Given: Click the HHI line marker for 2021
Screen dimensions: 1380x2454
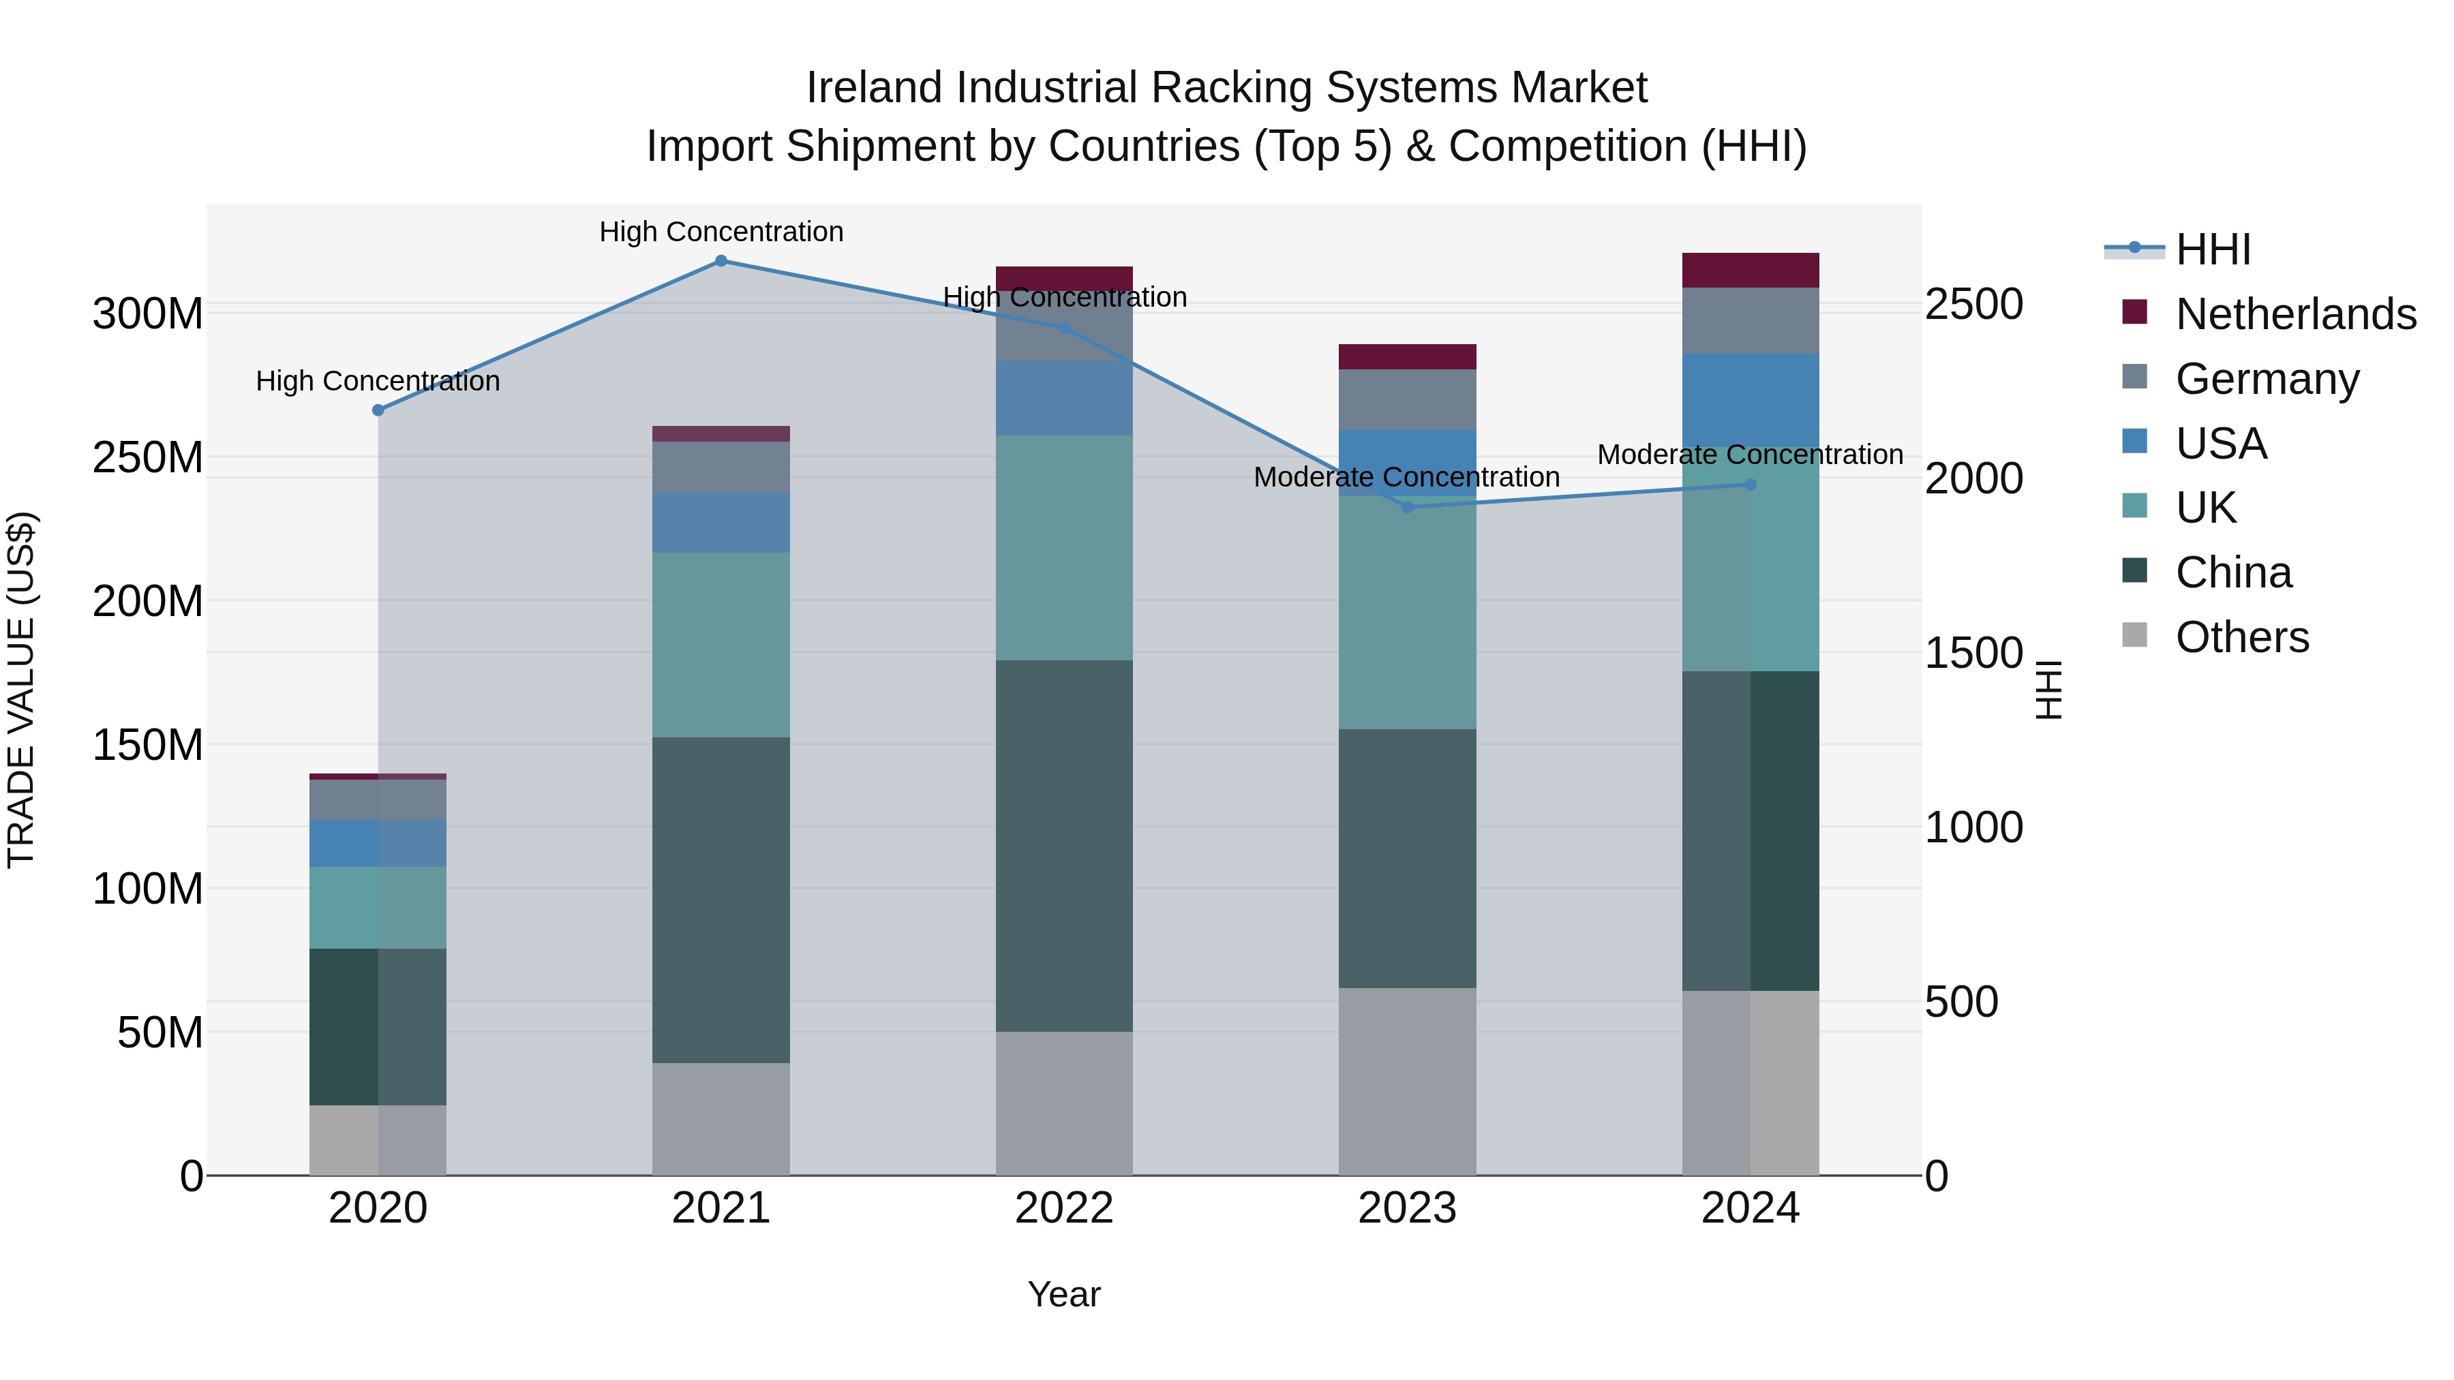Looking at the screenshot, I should [721, 261].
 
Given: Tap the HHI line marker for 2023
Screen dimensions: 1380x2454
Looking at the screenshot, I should [1407, 506].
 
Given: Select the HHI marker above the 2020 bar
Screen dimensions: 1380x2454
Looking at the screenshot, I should [378, 410].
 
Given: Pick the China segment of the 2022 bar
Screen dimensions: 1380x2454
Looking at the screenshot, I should [1064, 846].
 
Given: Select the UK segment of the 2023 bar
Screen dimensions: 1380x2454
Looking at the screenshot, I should [1407, 613].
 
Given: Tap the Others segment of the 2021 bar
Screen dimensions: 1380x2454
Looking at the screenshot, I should [721, 1119].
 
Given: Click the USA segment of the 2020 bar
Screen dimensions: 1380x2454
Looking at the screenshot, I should [378, 843].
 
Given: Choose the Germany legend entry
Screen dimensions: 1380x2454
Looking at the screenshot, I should [2267, 379].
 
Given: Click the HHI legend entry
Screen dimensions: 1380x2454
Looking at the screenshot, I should [2213, 249].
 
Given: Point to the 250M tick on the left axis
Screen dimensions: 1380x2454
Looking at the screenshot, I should [148, 458].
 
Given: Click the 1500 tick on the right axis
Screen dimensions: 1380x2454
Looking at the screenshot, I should [1973, 654].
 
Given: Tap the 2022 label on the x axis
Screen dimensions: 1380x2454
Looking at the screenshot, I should [1064, 1208].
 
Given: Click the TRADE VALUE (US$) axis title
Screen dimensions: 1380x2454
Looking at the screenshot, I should [21, 690].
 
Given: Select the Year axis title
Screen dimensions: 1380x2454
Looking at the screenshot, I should [1064, 1294].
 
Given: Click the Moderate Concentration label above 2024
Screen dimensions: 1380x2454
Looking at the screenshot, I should [1750, 455].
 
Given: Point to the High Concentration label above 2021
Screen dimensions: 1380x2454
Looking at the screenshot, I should [721, 232].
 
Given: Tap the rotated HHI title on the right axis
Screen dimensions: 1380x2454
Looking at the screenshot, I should [2049, 690].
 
